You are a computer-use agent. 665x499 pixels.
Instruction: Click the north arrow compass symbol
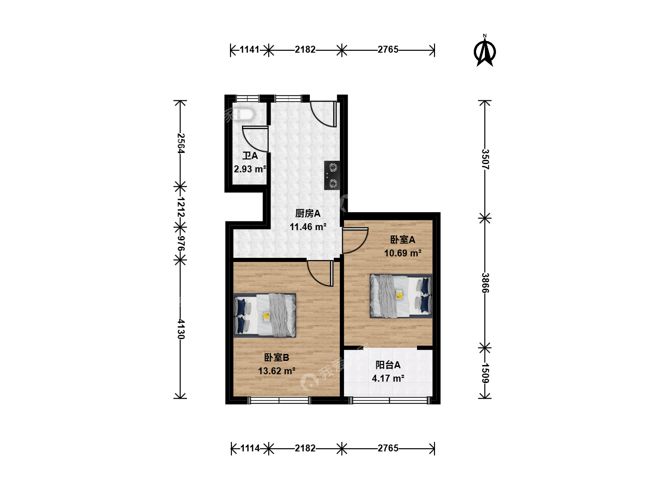coord(484,51)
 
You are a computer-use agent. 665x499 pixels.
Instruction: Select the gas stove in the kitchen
coord(332,176)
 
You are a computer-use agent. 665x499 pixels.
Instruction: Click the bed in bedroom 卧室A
coord(401,296)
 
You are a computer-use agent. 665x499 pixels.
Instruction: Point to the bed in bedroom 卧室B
coord(265,315)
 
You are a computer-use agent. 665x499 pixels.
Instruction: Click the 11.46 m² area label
coord(308,226)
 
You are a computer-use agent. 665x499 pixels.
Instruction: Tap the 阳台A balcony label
coord(388,365)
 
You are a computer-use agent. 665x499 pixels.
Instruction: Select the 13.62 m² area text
coord(277,371)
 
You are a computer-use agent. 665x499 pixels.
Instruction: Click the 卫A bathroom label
coord(250,156)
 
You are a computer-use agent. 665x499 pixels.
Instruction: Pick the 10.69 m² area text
coord(403,253)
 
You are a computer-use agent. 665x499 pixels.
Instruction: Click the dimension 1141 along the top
coord(249,49)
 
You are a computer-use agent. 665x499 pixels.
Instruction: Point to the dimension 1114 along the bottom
coord(250,448)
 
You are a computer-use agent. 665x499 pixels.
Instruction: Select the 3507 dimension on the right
coord(485,159)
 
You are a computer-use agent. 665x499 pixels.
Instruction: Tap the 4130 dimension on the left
coord(181,329)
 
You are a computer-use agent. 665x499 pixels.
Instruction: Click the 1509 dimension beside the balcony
coord(485,373)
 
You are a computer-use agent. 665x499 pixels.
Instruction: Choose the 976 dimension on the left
coord(181,243)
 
